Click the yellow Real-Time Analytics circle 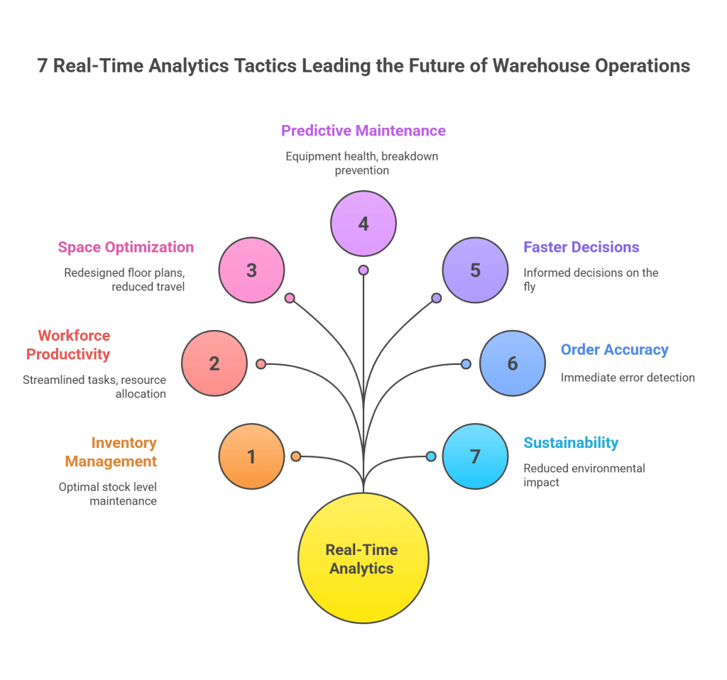(363, 559)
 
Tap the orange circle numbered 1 (251, 456)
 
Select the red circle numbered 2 (214, 363)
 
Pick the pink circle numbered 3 (251, 270)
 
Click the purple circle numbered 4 (363, 224)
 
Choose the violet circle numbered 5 (475, 270)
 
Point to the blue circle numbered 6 (513, 363)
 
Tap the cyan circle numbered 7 (475, 456)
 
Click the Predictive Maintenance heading (363, 131)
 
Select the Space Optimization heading (126, 247)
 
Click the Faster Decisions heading (581, 247)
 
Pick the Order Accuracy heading (615, 349)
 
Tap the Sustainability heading (571, 443)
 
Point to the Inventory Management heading (111, 452)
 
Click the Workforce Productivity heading (69, 344)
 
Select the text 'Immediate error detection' (628, 378)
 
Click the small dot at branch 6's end (466, 364)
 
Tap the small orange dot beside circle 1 (296, 456)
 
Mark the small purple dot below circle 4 (363, 270)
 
